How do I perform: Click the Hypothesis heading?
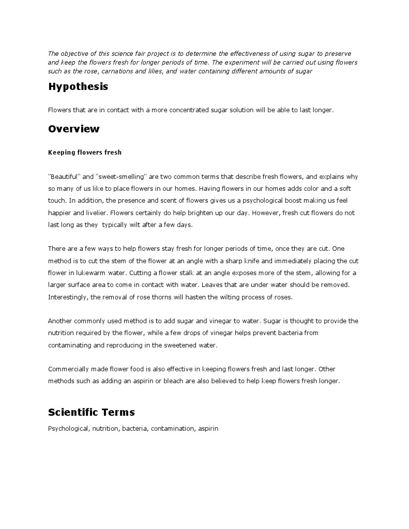tap(78, 87)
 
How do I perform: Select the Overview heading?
tap(73, 129)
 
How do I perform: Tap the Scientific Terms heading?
tap(91, 412)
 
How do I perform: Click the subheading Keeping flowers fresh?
tap(85, 152)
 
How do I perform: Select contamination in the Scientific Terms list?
tap(173, 429)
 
